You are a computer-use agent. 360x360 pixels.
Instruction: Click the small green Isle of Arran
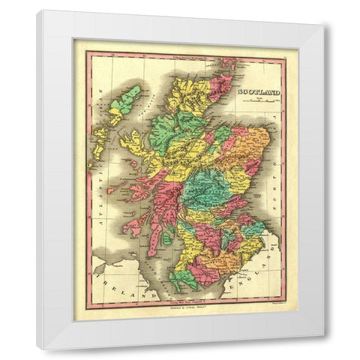[166, 238]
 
